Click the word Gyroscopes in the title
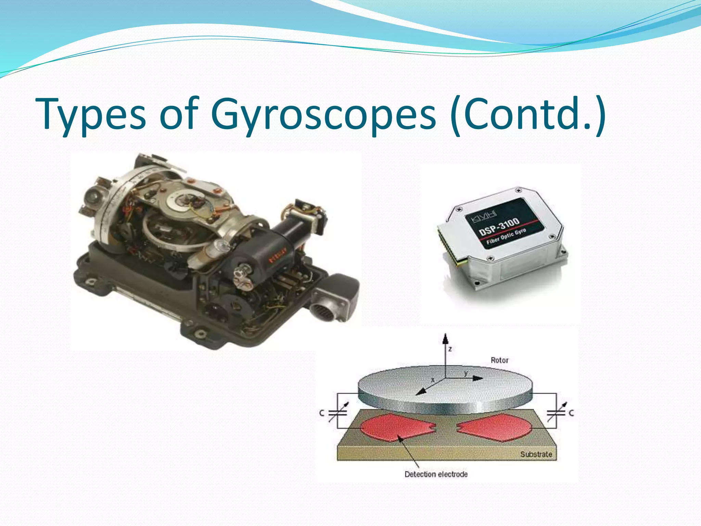[323, 115]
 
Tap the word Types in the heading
[91, 115]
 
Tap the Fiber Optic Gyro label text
[506, 236]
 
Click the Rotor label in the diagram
[499, 360]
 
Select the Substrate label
[536, 454]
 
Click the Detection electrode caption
[436, 474]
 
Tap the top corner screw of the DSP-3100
[519, 190]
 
